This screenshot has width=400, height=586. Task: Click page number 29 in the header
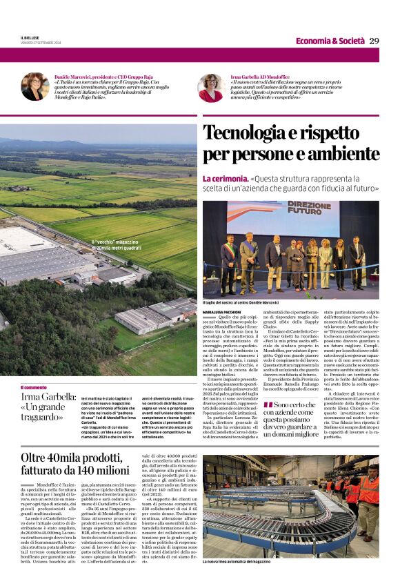tap(374, 41)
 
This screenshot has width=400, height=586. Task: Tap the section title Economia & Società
tap(330, 41)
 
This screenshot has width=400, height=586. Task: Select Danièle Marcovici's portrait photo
tap(34, 87)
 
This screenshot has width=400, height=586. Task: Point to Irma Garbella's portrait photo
tap(210, 88)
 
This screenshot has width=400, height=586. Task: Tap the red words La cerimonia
tap(226, 179)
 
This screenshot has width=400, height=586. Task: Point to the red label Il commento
tap(34, 387)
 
